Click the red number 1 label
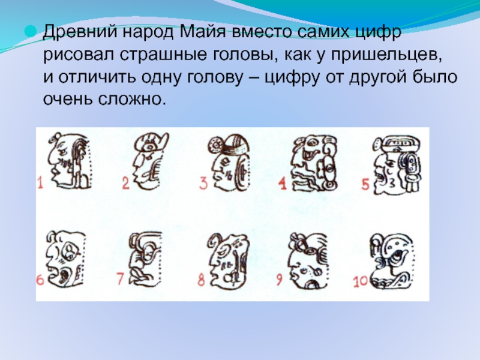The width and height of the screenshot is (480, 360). (40, 182)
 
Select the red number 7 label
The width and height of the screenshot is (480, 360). (121, 278)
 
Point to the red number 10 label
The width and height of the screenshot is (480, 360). (360, 282)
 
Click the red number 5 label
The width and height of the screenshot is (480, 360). (365, 184)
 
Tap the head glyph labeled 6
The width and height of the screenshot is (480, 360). (65, 259)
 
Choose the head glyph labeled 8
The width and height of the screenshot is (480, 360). (228, 260)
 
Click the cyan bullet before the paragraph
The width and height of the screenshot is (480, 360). (31, 32)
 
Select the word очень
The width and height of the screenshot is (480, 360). (68, 100)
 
